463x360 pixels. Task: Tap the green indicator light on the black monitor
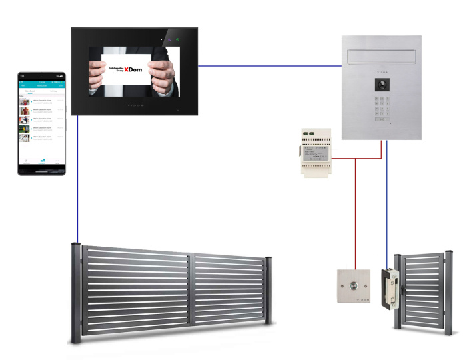[178, 40]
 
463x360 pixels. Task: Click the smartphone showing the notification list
[41, 123]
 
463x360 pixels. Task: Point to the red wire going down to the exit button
[355, 213]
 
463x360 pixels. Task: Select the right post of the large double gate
[268, 290]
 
